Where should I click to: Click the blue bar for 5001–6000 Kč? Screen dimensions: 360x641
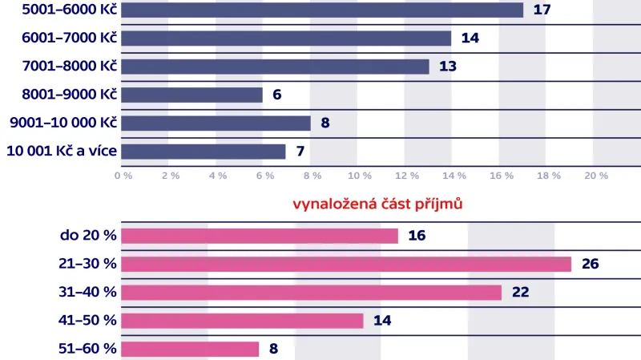pyautogui.click(x=322, y=10)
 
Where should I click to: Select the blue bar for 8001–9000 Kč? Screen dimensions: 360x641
pyautogui.click(x=192, y=95)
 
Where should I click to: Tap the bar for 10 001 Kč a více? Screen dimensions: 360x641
pyautogui.click(x=204, y=152)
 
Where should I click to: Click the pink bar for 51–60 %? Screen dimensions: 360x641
pyautogui.click(x=191, y=349)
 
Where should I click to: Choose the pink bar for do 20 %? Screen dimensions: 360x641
pyautogui.click(x=260, y=236)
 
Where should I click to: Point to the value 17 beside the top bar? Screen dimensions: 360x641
pyautogui.click(x=541, y=10)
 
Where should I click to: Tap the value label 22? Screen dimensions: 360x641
pyautogui.click(x=520, y=293)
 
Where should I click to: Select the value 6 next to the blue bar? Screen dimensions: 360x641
pyautogui.click(x=277, y=95)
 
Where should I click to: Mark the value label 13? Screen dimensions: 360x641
pyautogui.click(x=447, y=67)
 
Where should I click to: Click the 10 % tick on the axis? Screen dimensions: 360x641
pyautogui.click(x=359, y=175)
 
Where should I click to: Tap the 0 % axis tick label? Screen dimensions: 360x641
pyautogui.click(x=123, y=175)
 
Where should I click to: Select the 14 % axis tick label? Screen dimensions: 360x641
pyautogui.click(x=454, y=175)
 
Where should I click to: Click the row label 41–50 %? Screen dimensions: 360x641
pyautogui.click(x=88, y=321)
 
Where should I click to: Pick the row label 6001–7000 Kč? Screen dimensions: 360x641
pyautogui.click(x=69, y=38)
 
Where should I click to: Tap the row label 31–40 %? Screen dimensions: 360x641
pyautogui.click(x=88, y=293)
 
